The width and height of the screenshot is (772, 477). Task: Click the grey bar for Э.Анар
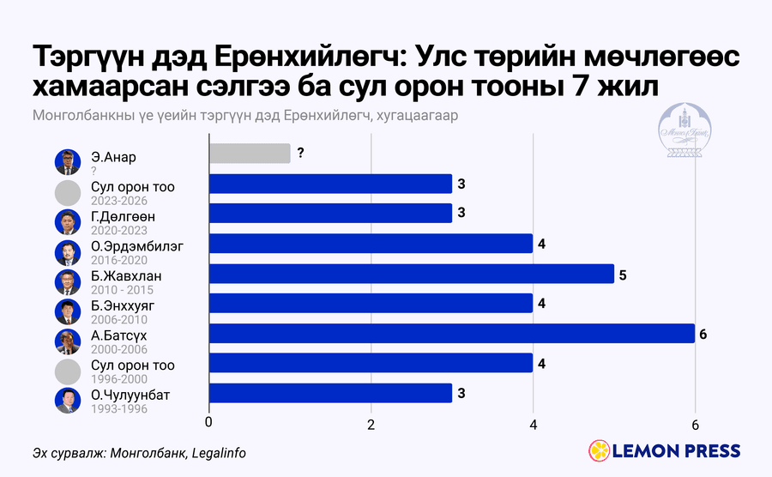coord(250,154)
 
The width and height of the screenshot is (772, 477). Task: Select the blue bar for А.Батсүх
coord(452,333)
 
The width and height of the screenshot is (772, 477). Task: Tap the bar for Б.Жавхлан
coord(412,274)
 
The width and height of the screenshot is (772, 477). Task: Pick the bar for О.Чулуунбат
coord(330,393)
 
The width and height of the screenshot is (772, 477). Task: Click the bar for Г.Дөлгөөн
coord(330,213)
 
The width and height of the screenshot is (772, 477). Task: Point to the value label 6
coord(703,335)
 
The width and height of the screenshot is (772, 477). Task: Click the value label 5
coord(623,275)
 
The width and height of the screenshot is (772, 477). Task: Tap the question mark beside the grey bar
coord(300,153)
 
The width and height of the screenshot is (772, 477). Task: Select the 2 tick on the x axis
coord(371,425)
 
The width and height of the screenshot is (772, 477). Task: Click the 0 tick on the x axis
coord(208,423)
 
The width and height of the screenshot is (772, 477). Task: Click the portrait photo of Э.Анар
coord(68,162)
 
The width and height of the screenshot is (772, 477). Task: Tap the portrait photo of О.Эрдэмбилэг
coord(68,252)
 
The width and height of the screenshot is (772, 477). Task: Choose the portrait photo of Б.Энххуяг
coord(68,311)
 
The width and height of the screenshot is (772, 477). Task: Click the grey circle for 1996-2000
coord(68,371)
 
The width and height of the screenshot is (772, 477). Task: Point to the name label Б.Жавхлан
coord(126,275)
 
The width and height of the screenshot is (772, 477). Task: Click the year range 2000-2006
coord(119,349)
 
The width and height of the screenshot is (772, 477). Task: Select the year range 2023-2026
coord(119,201)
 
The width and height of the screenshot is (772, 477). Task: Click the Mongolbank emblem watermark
coord(685,130)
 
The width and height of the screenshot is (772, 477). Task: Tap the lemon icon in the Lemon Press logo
coord(600,451)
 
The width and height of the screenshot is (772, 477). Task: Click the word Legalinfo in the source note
coord(219,453)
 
